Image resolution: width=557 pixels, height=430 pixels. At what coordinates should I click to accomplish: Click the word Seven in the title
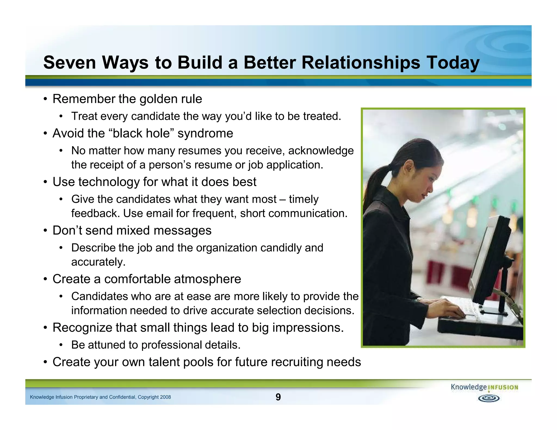pos(70,63)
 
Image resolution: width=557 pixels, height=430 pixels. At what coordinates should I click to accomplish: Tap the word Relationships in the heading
pos(361,63)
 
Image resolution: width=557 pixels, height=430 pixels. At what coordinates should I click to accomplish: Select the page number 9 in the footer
pos(278,397)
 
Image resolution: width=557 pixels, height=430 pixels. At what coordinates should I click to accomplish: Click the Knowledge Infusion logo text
pos(484,387)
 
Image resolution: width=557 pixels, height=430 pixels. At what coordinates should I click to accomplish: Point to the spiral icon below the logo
pos(489,398)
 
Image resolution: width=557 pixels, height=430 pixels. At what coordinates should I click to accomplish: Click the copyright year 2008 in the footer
pos(165,397)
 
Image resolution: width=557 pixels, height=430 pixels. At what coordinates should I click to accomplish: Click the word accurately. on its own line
pos(98,262)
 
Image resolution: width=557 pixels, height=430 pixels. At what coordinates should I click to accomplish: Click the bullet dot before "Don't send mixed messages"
pos(46,231)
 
